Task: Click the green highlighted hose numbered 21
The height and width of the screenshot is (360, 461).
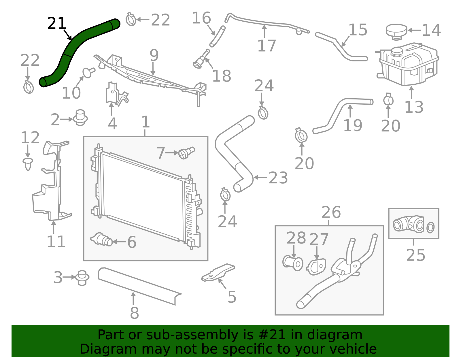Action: click(x=70, y=51)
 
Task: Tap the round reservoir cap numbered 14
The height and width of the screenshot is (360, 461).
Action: click(x=396, y=32)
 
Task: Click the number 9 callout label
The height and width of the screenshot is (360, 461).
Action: click(x=154, y=55)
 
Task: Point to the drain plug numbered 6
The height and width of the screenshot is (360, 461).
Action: click(x=101, y=240)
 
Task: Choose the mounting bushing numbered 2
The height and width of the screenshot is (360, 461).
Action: click(x=80, y=118)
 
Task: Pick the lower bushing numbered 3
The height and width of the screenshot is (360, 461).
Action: click(x=82, y=278)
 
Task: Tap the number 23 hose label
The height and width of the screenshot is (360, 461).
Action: click(x=278, y=178)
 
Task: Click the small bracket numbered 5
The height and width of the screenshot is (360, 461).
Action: click(x=218, y=273)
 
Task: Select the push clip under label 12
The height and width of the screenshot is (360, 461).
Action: click(x=28, y=164)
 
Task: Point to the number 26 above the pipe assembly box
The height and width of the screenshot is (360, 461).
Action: click(x=331, y=212)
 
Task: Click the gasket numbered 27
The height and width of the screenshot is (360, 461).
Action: click(x=316, y=267)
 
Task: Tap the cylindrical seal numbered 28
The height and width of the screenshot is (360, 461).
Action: click(x=293, y=263)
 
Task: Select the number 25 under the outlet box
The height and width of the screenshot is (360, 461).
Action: click(x=415, y=255)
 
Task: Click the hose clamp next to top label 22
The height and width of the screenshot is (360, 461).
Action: click(x=131, y=20)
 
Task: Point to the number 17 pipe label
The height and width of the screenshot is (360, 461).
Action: click(x=267, y=46)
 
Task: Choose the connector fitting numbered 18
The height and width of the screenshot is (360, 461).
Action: click(x=201, y=59)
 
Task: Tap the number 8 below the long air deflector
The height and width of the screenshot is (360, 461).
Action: click(x=135, y=313)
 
